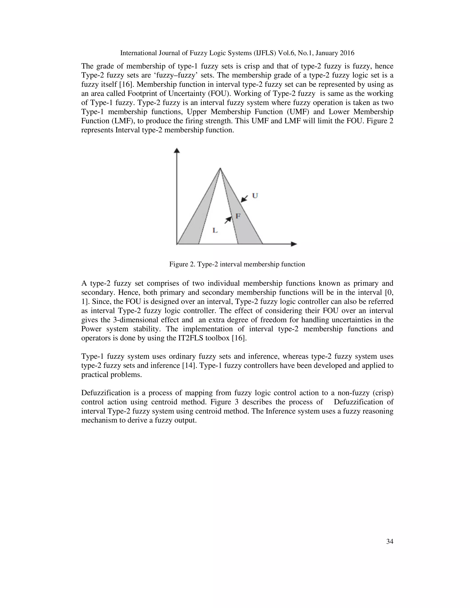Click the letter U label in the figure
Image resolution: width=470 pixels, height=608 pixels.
tap(255, 195)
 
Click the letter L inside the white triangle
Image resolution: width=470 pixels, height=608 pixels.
tap(215, 230)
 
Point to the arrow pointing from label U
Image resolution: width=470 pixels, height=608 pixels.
tap(244, 198)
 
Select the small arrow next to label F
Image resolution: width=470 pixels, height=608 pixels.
tap(228, 220)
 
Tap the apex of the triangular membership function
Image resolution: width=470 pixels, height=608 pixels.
tap(220, 168)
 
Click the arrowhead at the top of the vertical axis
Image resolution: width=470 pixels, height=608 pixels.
tap(176, 151)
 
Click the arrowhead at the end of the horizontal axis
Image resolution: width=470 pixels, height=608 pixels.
tap(294, 244)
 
